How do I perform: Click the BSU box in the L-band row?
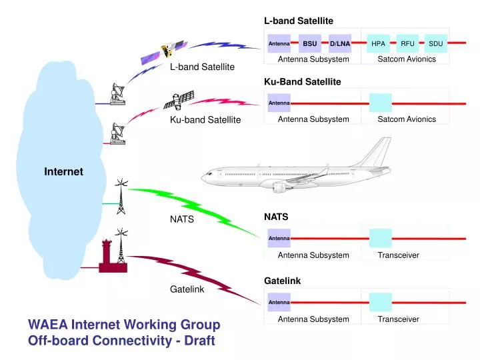[x=309, y=44]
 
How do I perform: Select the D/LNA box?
[x=339, y=44]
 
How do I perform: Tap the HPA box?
[x=379, y=44]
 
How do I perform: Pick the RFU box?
[x=407, y=44]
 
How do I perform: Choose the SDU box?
[x=435, y=44]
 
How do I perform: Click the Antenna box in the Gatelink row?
[x=279, y=303]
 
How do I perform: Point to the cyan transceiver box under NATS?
[x=380, y=238]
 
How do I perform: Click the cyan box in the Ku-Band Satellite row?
[x=380, y=103]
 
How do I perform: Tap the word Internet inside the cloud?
[x=63, y=172]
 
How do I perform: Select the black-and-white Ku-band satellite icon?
[x=179, y=101]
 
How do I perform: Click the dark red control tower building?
[x=108, y=257]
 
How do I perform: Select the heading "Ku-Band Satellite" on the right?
[x=302, y=82]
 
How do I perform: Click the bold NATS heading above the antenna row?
[x=275, y=217]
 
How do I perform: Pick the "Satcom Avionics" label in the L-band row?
[x=406, y=59]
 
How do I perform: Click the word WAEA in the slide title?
[x=46, y=325]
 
